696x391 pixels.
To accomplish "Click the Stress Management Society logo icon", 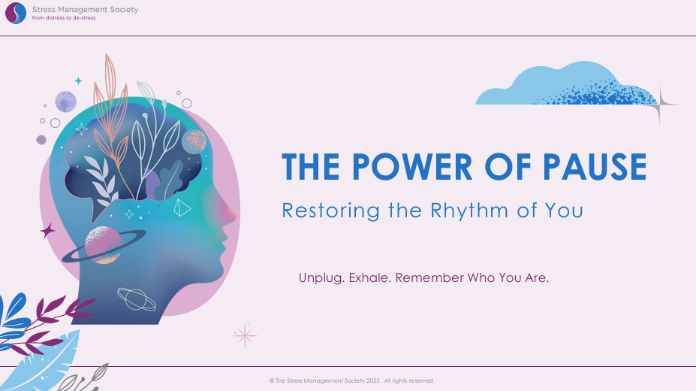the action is [x=16, y=13].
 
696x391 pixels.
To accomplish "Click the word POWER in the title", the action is [x=412, y=167].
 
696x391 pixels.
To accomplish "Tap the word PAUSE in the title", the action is [x=595, y=167].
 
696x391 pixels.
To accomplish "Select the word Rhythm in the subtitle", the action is [x=469, y=211].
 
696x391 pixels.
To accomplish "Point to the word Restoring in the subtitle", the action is [x=330, y=211].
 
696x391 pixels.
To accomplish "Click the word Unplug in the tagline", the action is [x=321, y=278].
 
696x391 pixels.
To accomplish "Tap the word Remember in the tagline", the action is [x=429, y=277].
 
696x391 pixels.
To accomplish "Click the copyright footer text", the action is [x=351, y=380].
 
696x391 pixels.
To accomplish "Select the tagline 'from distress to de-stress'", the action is [x=64, y=18].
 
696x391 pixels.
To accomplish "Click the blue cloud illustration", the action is [x=566, y=83].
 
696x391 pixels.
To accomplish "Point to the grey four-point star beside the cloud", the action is [x=660, y=105].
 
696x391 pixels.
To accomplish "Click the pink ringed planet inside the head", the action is [x=104, y=245].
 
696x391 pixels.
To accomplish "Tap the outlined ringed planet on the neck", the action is [x=137, y=299].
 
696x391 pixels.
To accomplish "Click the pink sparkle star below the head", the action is [x=245, y=335].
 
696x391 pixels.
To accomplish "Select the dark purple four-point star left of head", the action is [x=47, y=231].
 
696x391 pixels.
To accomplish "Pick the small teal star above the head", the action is [x=78, y=81].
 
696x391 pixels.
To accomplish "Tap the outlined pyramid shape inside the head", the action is [x=182, y=208].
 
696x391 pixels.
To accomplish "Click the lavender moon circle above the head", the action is [x=65, y=102].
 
